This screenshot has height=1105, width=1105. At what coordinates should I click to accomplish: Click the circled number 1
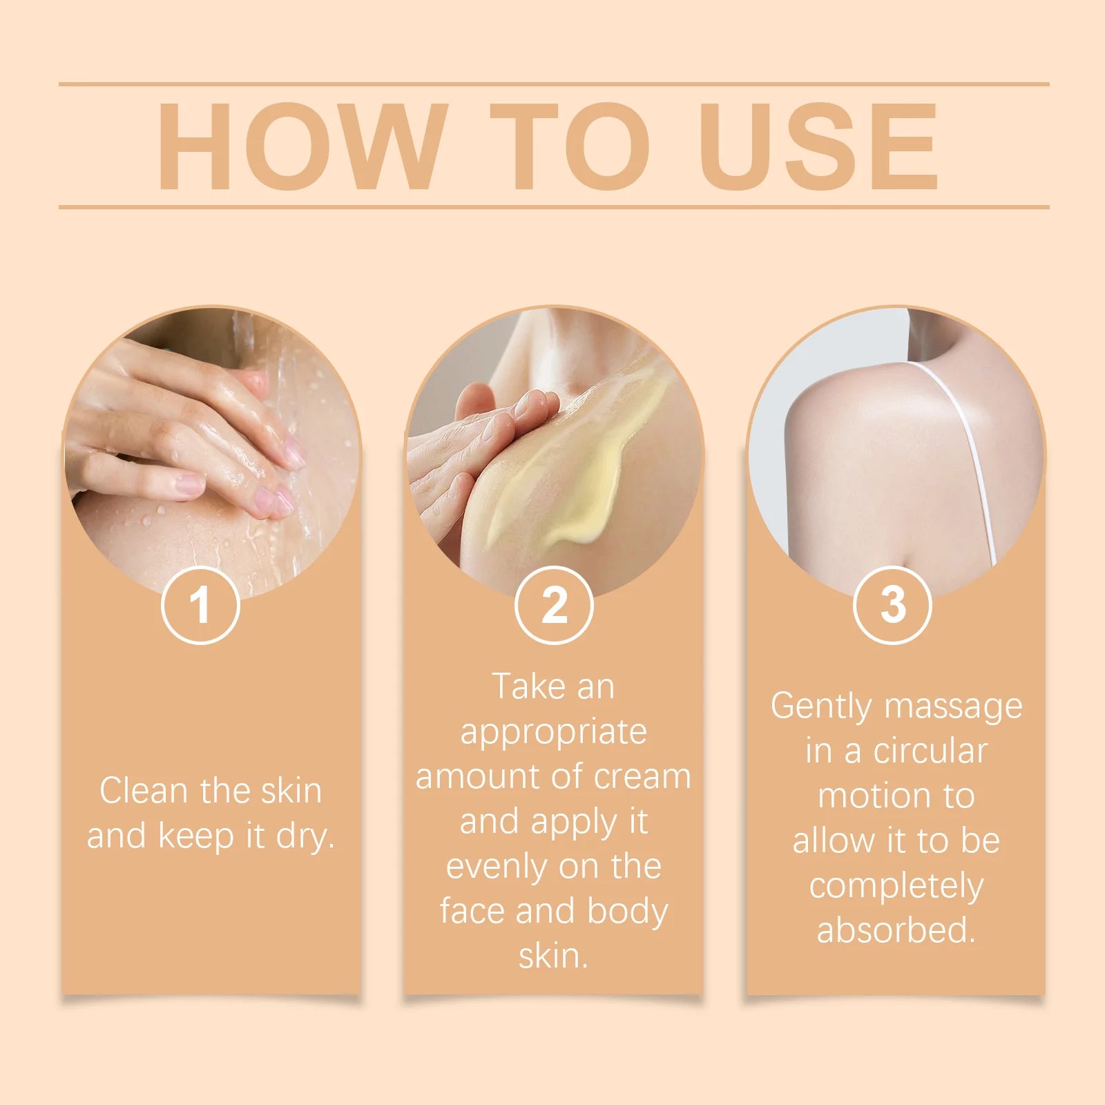click(200, 605)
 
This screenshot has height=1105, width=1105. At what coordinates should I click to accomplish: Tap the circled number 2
click(554, 605)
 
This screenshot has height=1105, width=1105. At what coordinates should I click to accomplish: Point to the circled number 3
click(892, 605)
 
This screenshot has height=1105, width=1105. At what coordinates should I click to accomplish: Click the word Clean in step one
click(144, 791)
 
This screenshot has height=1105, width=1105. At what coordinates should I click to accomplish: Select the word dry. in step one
click(305, 836)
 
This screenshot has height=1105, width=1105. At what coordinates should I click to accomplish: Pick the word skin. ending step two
click(553, 956)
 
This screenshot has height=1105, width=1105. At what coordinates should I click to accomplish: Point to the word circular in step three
click(930, 751)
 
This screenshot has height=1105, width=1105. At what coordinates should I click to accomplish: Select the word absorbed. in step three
click(896, 930)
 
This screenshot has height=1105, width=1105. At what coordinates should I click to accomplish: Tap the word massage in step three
click(953, 707)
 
